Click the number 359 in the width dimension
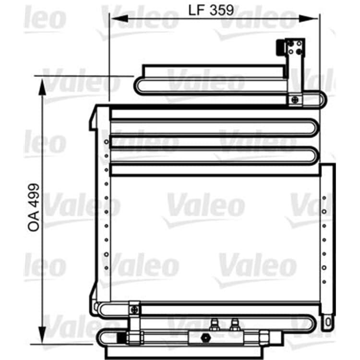point(222,10)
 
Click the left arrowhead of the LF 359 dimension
point(120,18)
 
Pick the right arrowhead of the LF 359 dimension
point(309,18)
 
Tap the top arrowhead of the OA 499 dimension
point(42,87)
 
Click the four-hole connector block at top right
point(295,48)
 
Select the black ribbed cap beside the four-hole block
point(280,48)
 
